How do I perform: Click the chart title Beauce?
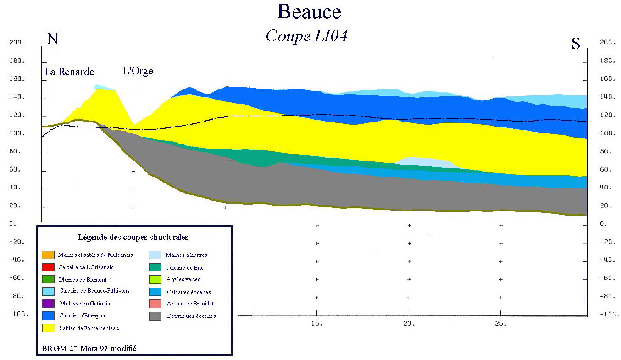point(309,12)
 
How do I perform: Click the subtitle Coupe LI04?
point(306,36)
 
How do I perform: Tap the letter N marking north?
point(53,39)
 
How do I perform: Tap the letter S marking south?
point(576,44)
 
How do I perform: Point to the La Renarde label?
point(69,72)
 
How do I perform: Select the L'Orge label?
point(138,71)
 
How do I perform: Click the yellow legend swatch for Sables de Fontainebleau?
point(48,328)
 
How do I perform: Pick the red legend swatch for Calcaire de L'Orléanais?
point(48,267)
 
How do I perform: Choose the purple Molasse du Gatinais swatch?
point(48,303)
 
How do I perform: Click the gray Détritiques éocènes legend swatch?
point(155,316)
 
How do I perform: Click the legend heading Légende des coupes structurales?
point(133,238)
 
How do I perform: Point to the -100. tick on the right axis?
point(607,315)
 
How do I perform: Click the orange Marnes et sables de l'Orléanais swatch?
point(48,255)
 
